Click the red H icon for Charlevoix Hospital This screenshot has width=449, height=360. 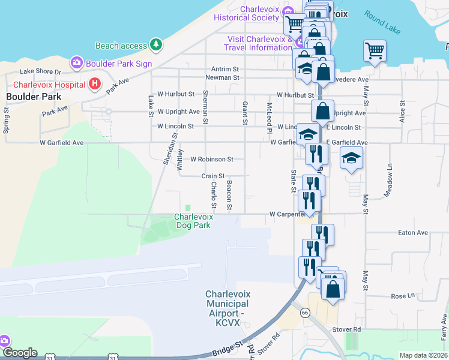(94, 85)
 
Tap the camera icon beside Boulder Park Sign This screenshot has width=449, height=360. (77, 62)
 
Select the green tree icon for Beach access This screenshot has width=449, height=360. (156, 45)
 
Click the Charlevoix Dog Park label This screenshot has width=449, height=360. (193, 221)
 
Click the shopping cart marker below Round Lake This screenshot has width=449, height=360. (375, 52)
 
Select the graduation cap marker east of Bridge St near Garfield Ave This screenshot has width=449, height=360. (352, 159)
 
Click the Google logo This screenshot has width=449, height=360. (19, 353)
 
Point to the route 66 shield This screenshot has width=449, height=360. (305, 312)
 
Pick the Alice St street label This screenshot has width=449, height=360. (402, 111)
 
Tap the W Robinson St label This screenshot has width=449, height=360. (211, 160)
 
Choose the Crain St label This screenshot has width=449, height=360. (212, 176)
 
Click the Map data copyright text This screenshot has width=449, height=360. (423, 355)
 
